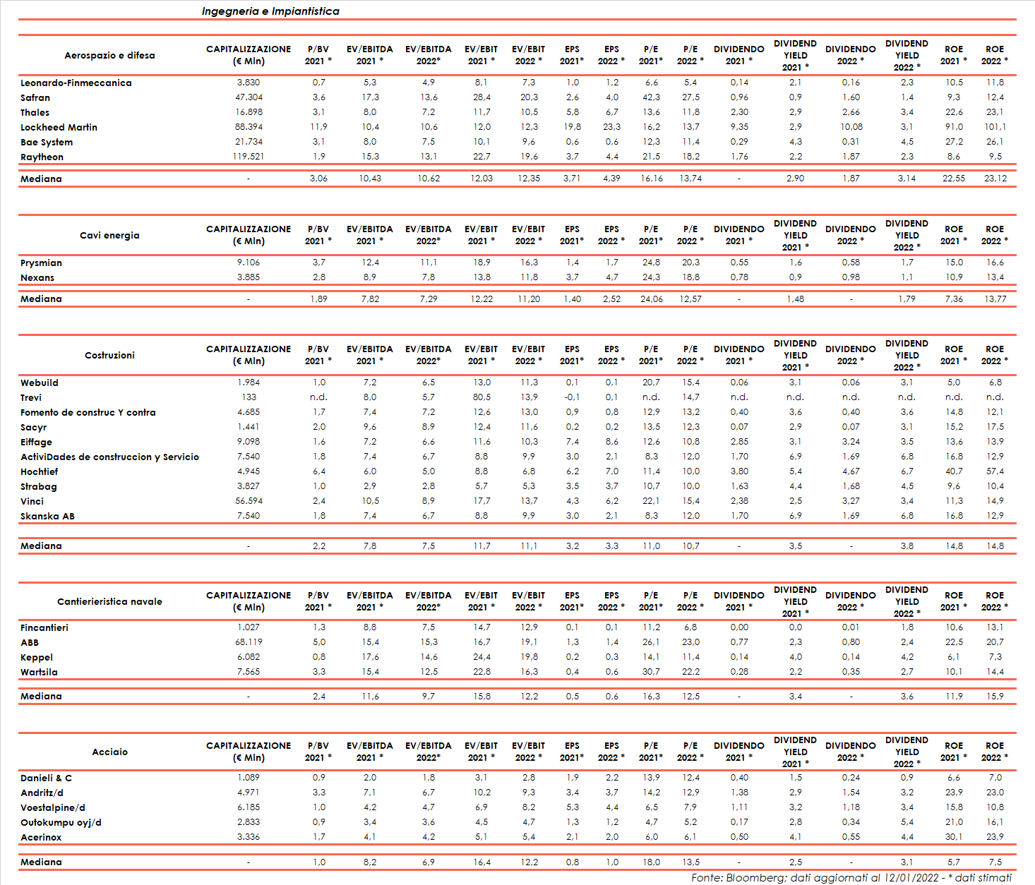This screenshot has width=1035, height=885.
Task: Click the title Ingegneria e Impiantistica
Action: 270,11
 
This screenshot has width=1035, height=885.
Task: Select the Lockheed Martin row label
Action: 59,128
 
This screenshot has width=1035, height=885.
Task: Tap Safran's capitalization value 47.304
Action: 249,97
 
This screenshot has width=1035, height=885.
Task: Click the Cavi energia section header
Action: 109,235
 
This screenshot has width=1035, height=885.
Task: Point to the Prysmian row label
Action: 41,263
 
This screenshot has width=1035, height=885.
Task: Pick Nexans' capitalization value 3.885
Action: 249,277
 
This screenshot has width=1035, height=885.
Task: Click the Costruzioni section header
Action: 109,355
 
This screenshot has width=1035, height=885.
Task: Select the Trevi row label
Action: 31,398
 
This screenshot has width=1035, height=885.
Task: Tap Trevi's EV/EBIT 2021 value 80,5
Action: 481,397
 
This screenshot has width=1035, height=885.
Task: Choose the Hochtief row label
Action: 39,472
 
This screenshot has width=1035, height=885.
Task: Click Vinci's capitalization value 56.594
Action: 249,501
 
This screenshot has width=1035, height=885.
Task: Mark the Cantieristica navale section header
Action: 109,601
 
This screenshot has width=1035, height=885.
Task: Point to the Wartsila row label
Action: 39,673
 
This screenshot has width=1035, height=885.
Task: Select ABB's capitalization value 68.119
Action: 249,642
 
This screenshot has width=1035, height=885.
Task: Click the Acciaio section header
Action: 109,752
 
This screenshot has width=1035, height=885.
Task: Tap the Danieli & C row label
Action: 46,778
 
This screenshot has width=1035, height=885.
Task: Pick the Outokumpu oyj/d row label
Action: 61,823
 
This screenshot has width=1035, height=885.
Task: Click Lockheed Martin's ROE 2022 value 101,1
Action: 995,127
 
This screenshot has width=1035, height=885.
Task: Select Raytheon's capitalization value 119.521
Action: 249,157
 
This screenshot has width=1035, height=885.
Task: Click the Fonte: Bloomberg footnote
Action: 851,878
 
